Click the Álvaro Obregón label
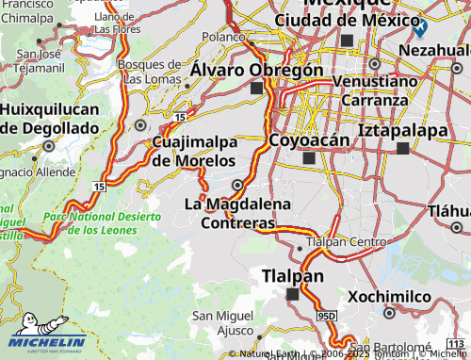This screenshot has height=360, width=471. [256, 70]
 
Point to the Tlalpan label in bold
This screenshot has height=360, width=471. [292, 276]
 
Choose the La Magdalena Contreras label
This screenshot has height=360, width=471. [237, 213]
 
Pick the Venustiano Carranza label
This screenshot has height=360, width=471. [375, 90]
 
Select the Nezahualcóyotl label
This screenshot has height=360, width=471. [434, 48]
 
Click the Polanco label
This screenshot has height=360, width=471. [223, 37]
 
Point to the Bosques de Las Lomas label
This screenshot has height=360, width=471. [149, 71]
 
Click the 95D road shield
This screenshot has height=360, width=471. [327, 315]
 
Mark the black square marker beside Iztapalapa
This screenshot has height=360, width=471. [403, 148]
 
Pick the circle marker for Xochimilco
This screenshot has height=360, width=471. [389, 312]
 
